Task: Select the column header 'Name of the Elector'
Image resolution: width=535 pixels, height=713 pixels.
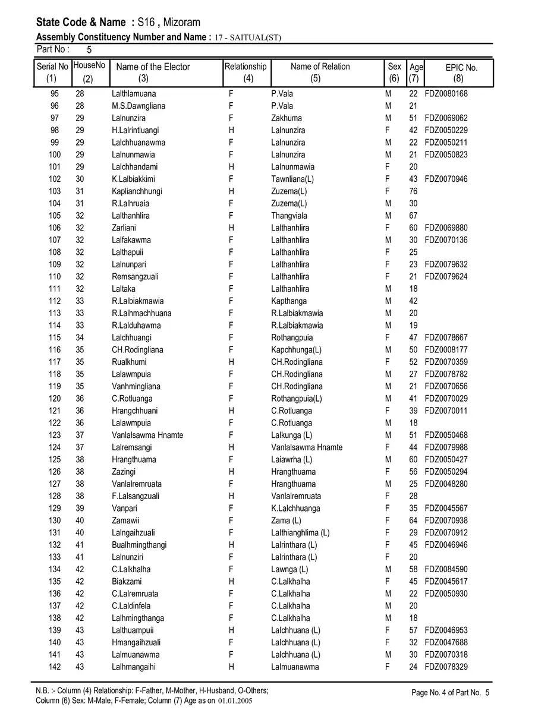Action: (153, 67)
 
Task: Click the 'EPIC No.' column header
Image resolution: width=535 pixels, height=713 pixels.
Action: (461, 68)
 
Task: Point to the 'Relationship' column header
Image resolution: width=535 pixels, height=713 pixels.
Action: (246, 67)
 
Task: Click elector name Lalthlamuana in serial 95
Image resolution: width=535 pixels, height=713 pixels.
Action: (134, 94)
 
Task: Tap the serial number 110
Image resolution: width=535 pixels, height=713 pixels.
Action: (55, 276)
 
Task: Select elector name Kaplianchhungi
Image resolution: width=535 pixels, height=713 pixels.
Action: (137, 191)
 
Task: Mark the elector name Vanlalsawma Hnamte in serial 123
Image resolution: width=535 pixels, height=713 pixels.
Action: (147, 435)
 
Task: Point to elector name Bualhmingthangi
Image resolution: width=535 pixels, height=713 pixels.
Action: (139, 545)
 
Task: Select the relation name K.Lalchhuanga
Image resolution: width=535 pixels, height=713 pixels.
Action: (295, 508)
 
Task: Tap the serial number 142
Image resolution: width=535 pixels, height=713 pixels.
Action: (55, 667)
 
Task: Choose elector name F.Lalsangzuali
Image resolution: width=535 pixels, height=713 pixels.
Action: (136, 496)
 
